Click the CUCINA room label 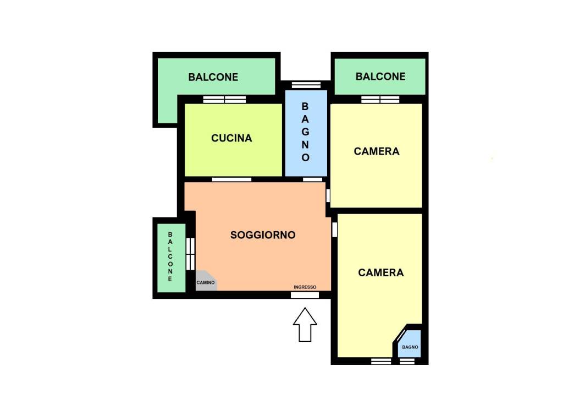pyautogui.click(x=231, y=138)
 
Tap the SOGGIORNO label pyautogui.click(x=263, y=235)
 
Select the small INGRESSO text pyautogui.click(x=305, y=287)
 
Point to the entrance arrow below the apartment pyautogui.click(x=305, y=324)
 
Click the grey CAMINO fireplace pyautogui.click(x=206, y=281)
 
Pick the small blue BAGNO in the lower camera pyautogui.click(x=409, y=344)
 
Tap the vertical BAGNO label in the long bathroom pyautogui.click(x=305, y=132)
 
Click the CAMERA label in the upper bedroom pyautogui.click(x=376, y=151)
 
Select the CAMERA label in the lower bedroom pyautogui.click(x=380, y=272)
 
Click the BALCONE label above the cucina pyautogui.click(x=213, y=77)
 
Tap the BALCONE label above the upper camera pyautogui.click(x=380, y=76)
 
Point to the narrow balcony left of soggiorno pyautogui.click(x=172, y=258)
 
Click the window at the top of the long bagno pyautogui.click(x=306, y=85)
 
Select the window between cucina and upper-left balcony pyautogui.click(x=224, y=100)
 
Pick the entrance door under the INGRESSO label pyautogui.click(x=305, y=295)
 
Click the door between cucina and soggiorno pyautogui.click(x=231, y=179)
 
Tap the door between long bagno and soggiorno pyautogui.click(x=313, y=179)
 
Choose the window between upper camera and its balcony pyautogui.click(x=380, y=100)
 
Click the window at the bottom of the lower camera pyautogui.click(x=381, y=361)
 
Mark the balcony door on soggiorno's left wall pyautogui.click(x=190, y=253)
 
